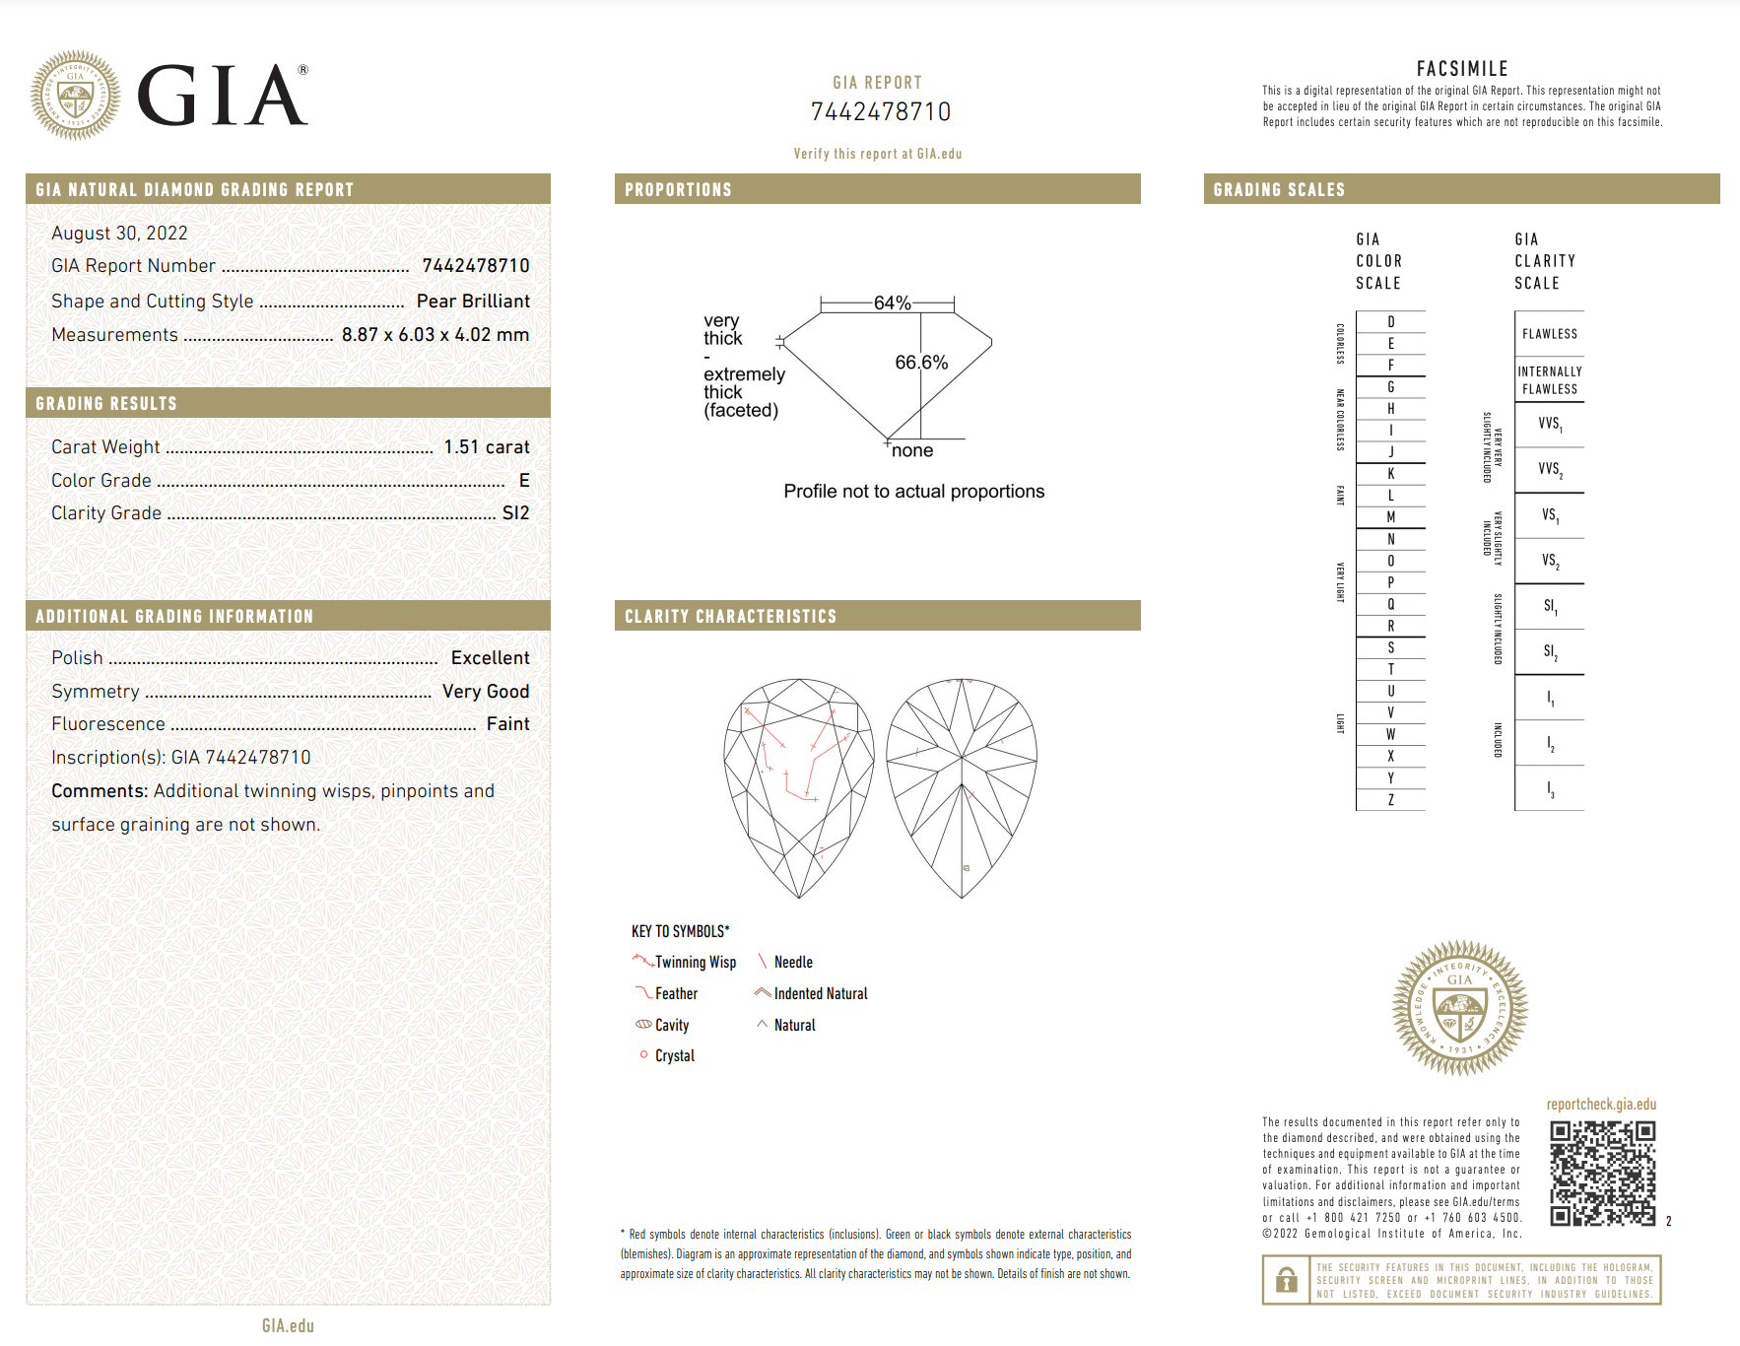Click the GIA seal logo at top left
click(76, 96)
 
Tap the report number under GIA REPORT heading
click(880, 112)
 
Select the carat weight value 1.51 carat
click(486, 447)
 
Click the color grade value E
click(524, 481)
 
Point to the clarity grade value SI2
click(515, 513)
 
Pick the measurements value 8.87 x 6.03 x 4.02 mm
click(435, 335)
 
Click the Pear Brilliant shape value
click(473, 302)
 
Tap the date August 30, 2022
click(119, 234)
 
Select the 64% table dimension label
click(892, 303)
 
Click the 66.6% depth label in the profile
click(921, 363)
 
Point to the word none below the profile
click(912, 451)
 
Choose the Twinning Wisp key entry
click(695, 963)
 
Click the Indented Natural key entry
click(820, 994)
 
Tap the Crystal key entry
click(674, 1056)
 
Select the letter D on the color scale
click(1390, 322)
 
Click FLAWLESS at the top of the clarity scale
click(1549, 334)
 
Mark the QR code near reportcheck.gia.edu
click(1602, 1174)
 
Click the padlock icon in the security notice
click(1286, 1280)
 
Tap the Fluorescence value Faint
click(507, 724)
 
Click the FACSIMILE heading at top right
click(1462, 69)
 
